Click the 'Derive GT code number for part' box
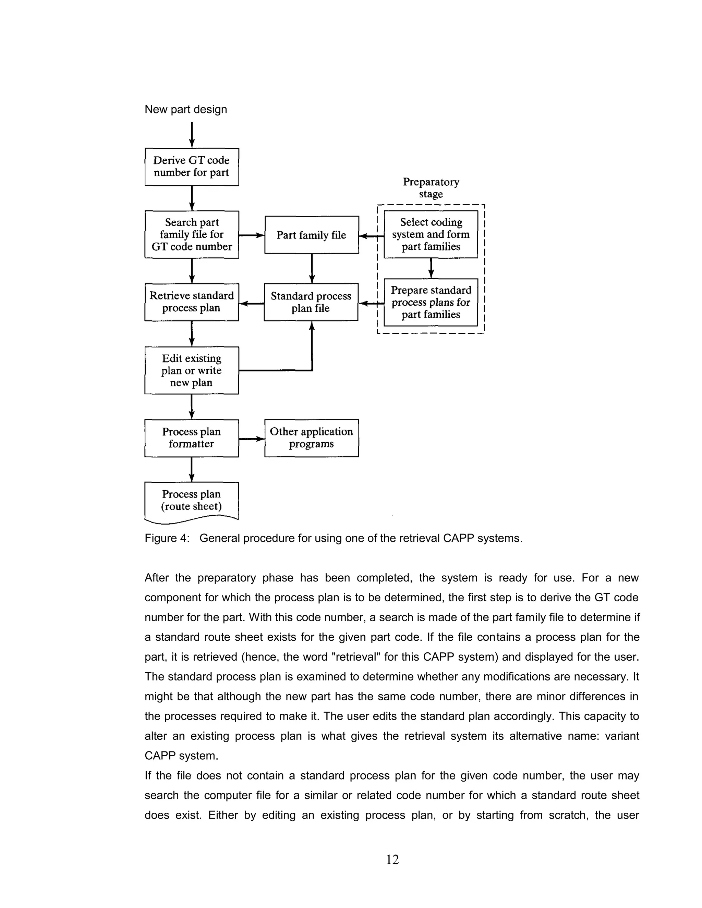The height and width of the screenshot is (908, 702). (191, 167)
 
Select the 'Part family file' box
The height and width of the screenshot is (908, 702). (312, 235)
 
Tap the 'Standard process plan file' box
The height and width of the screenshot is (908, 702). (311, 302)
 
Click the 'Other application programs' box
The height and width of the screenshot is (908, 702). (311, 438)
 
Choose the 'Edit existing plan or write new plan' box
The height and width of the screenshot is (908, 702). (191, 370)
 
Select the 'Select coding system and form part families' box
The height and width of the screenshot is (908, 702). (431, 234)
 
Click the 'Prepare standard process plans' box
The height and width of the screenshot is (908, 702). (431, 302)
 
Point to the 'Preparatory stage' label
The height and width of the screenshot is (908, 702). (431, 188)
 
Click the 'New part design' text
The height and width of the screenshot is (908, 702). (185, 109)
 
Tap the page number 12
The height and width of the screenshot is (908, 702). (392, 859)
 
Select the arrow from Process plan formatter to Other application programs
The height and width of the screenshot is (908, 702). (252, 439)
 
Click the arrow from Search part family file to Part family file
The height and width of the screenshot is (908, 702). (252, 235)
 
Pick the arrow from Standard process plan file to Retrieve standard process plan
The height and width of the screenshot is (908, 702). (252, 304)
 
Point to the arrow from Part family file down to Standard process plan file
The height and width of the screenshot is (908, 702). (312, 268)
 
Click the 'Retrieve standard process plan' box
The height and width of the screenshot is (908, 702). (191, 302)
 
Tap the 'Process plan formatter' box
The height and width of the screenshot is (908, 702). (191, 438)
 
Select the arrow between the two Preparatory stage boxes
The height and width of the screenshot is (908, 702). (431, 268)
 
